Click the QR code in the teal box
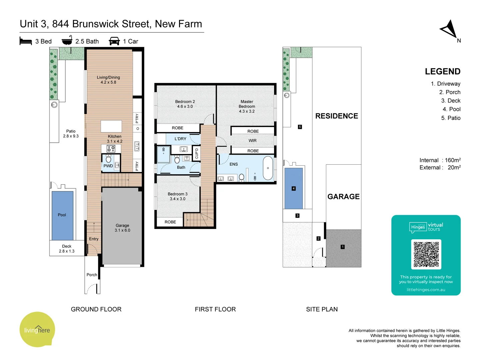point(426,254)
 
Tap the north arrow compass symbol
point(449,29)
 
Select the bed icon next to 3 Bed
point(26,41)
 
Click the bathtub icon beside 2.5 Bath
point(67,40)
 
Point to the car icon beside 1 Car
point(114,41)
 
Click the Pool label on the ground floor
point(62,215)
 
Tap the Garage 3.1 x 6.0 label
point(122,228)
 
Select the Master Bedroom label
point(247,106)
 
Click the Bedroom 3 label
point(177,196)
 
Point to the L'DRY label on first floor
point(180,139)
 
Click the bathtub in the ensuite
point(268,168)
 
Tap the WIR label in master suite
point(252,141)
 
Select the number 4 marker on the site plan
point(293,188)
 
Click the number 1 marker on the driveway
point(342,247)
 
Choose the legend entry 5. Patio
point(451,118)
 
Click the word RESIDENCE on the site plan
point(337,116)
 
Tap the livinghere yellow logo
point(37,330)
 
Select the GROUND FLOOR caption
point(96,309)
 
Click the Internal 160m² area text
point(440,160)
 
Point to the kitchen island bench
point(111,127)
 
